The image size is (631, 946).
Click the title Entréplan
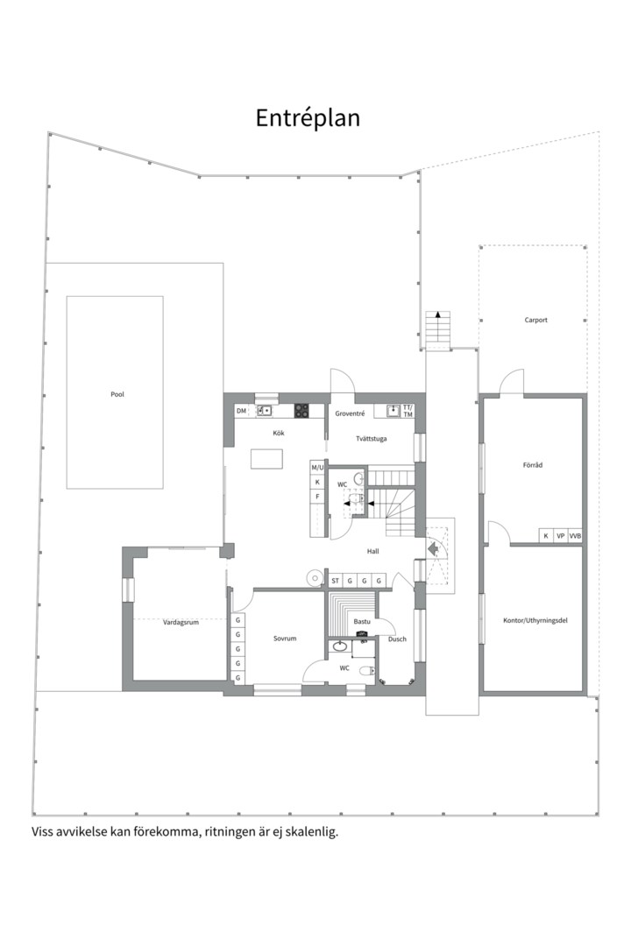pos(308,118)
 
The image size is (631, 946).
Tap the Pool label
pos(117,394)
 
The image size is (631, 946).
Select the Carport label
pos(535,320)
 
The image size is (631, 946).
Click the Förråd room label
pos(533,465)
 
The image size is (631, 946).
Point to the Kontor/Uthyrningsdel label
pos(535,620)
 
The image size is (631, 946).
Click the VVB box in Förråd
pos(575,536)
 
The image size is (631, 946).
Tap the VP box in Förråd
pos(561,536)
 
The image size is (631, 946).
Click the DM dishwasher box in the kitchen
pos(242,411)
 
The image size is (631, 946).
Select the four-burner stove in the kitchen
pos(301,411)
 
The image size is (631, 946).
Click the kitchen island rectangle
pos(267,458)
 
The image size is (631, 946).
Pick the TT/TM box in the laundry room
pos(408,411)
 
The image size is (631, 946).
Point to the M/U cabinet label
pos(317,468)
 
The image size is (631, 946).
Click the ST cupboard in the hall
pos(335,581)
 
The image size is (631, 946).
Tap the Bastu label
pos(362,621)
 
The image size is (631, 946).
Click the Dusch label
pos(397,639)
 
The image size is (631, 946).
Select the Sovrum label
pos(285,638)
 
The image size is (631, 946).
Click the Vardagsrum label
pos(181,622)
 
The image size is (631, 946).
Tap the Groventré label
pos(350,413)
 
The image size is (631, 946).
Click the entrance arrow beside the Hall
pos(432,548)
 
